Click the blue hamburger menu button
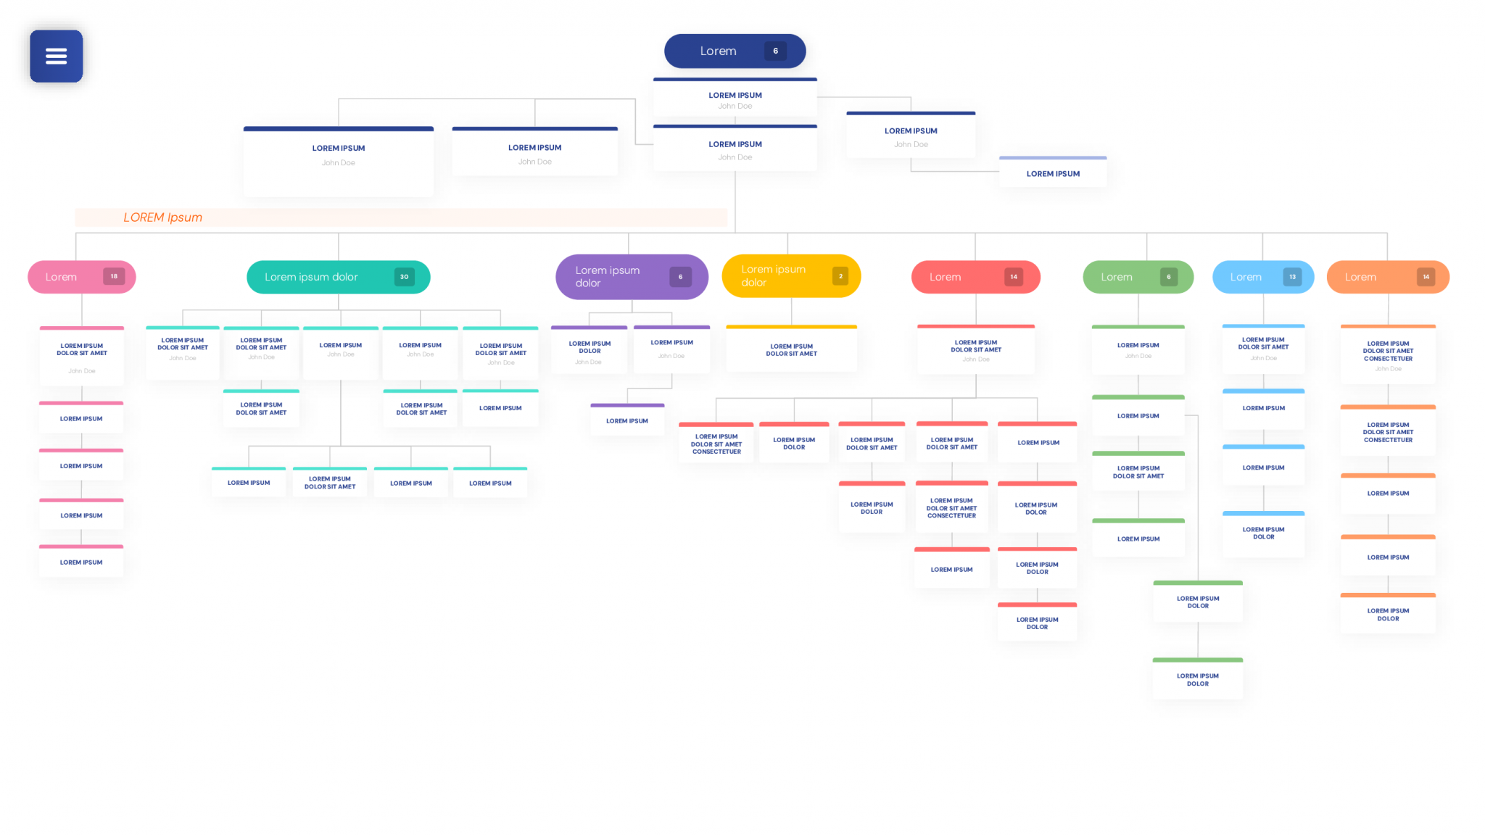[56, 56]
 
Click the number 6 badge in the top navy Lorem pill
[775, 51]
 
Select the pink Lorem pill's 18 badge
[114, 276]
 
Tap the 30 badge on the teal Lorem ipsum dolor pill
[404, 277]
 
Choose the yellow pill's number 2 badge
[840, 276]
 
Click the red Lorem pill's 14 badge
[1013, 277]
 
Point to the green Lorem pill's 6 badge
[1168, 277]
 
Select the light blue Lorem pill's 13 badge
[1292, 277]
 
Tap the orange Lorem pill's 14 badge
[1426, 277]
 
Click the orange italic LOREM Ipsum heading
[162, 217]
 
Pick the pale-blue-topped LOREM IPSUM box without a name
[1053, 173]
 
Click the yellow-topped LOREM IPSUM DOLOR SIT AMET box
[791, 350]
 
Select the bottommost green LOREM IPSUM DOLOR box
[1197, 679]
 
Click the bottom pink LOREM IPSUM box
[81, 562]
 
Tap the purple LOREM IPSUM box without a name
[627, 420]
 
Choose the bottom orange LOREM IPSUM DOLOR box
[1388, 615]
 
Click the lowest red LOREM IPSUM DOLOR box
[1037, 623]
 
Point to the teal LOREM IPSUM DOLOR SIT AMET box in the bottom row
[330, 483]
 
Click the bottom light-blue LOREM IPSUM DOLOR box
[1263, 533]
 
